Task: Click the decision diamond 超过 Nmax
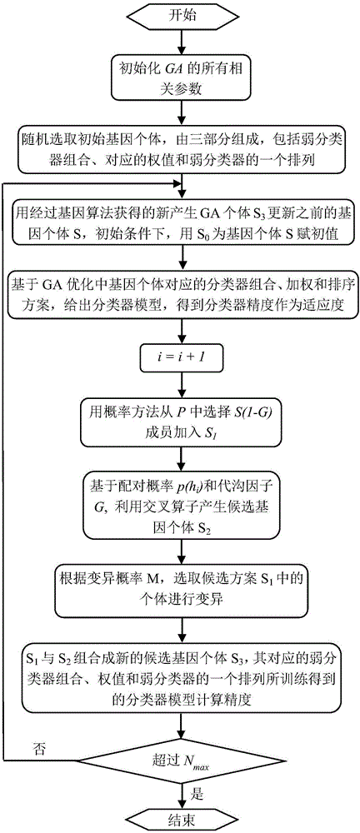point(180,761)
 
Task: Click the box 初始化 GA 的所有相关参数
point(180,82)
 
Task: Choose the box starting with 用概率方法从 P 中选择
point(180,421)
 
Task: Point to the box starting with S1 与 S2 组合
point(180,666)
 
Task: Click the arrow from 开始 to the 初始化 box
point(180,43)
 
